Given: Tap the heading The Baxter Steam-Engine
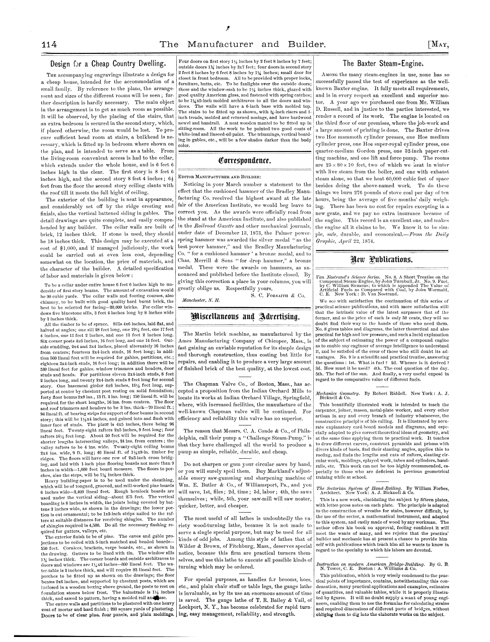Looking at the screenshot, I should pos(383,64).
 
